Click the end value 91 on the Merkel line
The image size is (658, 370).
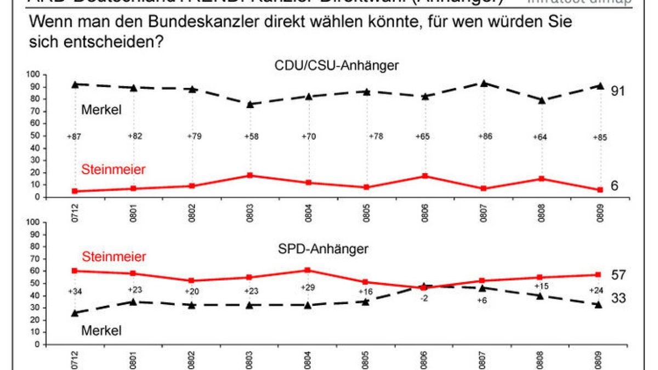(x=618, y=90)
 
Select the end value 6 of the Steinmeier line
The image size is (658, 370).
(x=615, y=186)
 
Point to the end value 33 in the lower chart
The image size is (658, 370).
(x=618, y=298)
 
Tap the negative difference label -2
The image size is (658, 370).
(x=424, y=299)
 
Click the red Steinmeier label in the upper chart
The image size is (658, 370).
(x=113, y=170)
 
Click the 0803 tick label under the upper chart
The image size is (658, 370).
(x=250, y=209)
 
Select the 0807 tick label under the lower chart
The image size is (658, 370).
(x=483, y=357)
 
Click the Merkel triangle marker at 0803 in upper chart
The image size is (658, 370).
(x=250, y=104)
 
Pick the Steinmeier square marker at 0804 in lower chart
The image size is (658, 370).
(x=307, y=270)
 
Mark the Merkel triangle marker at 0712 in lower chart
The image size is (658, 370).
(x=75, y=312)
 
